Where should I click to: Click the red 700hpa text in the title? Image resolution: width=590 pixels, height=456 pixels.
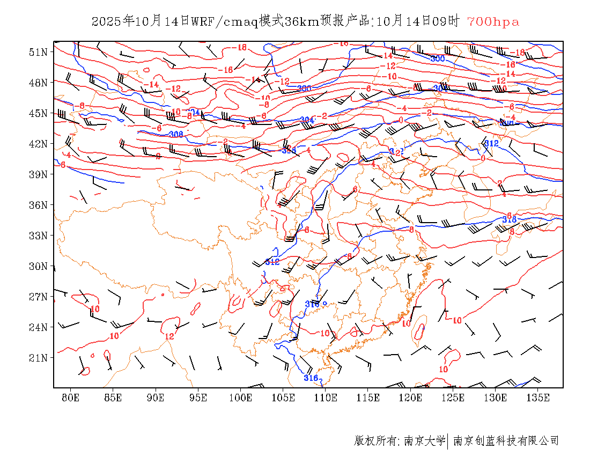click(x=493, y=21)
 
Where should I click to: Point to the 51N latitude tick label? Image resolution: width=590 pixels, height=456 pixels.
click(x=39, y=52)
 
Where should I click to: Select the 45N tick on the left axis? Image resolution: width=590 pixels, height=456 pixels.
click(x=39, y=113)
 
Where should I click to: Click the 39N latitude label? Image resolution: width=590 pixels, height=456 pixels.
click(x=39, y=174)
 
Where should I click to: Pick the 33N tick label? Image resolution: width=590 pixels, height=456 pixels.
click(x=39, y=236)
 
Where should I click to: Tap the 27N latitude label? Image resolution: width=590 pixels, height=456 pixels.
click(x=39, y=297)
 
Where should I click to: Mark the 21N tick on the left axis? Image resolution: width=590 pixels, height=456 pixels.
click(x=39, y=358)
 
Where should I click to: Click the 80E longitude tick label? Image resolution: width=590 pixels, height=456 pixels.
click(x=71, y=398)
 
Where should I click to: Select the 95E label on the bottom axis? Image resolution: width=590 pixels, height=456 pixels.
click(x=198, y=398)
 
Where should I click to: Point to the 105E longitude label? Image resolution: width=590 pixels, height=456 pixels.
click(x=283, y=398)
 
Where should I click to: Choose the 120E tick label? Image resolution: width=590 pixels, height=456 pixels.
click(x=411, y=398)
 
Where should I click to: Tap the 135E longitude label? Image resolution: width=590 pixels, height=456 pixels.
click(x=538, y=398)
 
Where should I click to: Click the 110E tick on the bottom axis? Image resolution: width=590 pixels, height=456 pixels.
click(x=326, y=398)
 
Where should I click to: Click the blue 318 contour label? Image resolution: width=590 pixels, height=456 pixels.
click(x=509, y=219)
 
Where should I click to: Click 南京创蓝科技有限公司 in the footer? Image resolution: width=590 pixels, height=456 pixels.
click(x=506, y=441)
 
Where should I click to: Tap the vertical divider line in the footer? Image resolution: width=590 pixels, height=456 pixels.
click(x=448, y=441)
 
